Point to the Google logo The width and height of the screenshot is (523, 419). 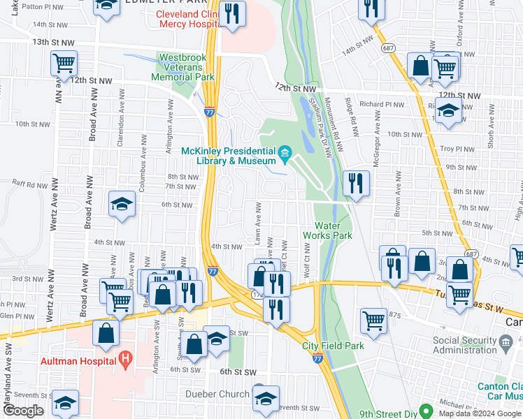click(23, 411)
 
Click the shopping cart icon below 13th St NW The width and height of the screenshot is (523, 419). click(64, 64)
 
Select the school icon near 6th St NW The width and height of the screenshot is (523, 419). click(122, 204)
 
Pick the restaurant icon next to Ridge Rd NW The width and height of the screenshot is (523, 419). click(356, 183)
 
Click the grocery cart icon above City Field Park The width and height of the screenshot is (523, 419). click(374, 321)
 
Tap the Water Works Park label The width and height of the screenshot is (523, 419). click(333, 230)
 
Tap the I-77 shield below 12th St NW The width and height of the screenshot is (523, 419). click(209, 112)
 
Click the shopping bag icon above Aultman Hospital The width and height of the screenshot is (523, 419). click(106, 334)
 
